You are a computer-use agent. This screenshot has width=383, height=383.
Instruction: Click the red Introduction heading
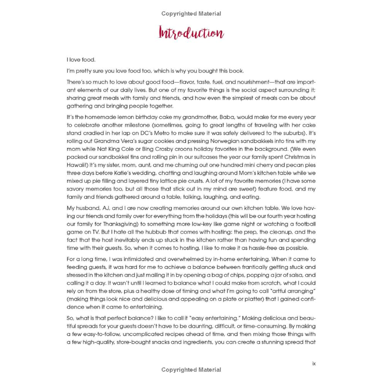tap(191, 33)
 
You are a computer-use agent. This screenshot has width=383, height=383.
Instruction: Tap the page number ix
tap(314, 363)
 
